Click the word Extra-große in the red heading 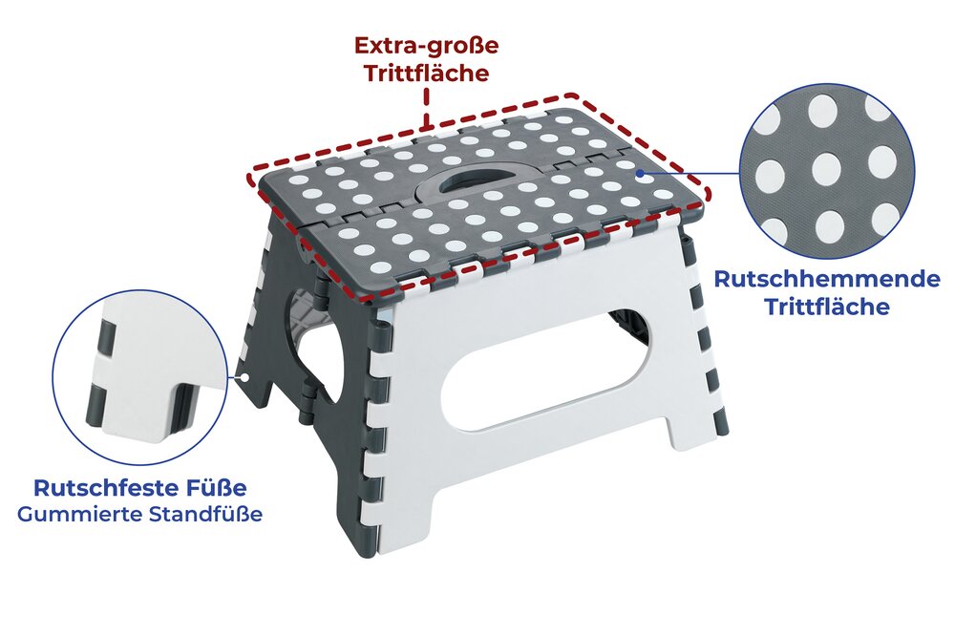426,46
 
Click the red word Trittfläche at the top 426,74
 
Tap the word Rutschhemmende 826,279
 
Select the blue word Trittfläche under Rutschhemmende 826,307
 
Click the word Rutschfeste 102,488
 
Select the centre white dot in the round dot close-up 828,169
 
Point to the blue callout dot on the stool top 640,174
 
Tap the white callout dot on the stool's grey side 244,377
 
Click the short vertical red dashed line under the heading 426,107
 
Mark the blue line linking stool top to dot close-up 690,173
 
